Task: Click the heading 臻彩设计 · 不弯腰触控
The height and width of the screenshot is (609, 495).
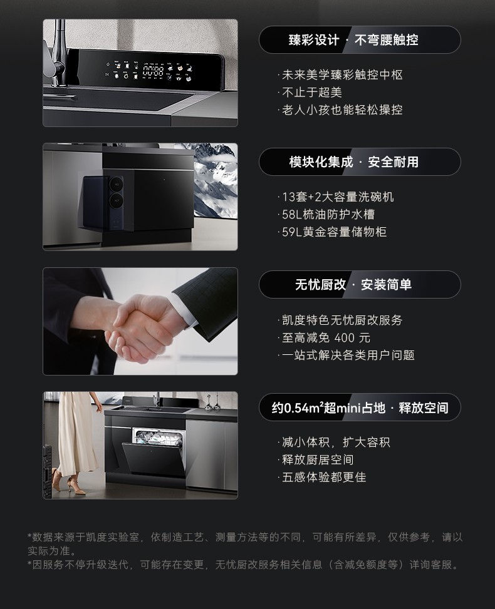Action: coord(353,39)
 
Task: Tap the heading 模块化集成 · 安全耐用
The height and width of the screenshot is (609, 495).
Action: coord(353,161)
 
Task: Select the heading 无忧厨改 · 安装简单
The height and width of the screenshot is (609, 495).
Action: coord(353,284)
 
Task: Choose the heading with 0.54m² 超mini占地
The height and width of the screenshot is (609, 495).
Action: coord(360,407)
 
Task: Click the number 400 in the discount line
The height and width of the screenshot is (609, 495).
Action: coord(344,338)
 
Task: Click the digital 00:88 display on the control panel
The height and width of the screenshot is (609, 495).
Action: coord(153,71)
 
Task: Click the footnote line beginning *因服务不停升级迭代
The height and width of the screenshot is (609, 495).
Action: coord(244,565)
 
